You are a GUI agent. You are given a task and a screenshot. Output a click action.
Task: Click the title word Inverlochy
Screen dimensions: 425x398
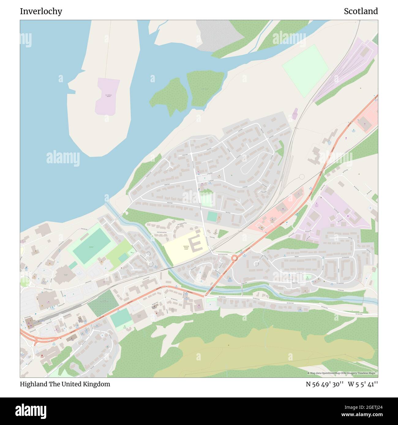(41, 11)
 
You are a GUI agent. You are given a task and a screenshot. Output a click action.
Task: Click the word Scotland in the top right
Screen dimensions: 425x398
(361, 11)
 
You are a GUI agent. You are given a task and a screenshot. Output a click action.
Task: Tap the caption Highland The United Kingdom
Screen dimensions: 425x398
(65, 384)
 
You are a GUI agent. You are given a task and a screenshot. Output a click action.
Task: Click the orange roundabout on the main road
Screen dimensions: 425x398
(235, 258)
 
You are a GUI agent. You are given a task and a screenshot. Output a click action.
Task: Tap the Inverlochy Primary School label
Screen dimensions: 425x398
(186, 248)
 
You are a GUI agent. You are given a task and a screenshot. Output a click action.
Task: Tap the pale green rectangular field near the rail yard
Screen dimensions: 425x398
(305, 71)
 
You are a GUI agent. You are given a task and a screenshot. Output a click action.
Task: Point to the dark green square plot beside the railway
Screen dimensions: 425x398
(103, 302)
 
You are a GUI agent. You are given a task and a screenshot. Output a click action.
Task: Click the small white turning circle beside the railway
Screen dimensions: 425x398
(302, 177)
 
